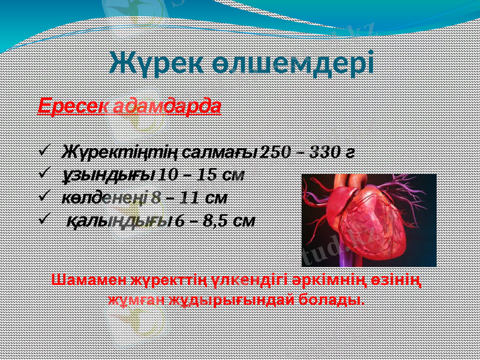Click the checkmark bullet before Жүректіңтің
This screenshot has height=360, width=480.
(43, 152)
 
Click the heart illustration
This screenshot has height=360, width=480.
(368, 220)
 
